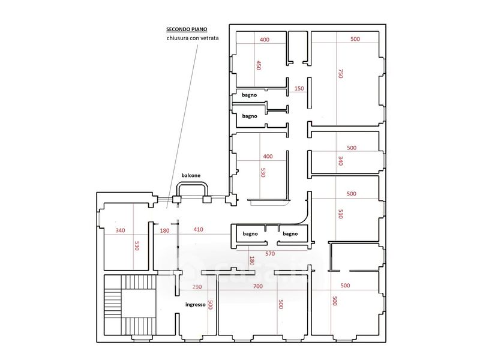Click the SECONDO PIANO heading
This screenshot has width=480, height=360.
[x=187, y=29]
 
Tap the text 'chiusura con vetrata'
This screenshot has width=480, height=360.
[x=193, y=38]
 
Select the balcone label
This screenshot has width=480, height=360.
[x=191, y=175]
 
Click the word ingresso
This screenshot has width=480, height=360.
[x=196, y=305]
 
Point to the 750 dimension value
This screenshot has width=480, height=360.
[x=341, y=73]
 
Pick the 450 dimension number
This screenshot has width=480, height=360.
[x=259, y=65]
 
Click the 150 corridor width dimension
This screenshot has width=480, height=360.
[x=299, y=88]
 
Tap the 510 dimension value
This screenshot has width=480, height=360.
[x=340, y=214]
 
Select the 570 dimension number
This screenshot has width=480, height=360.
[x=270, y=253]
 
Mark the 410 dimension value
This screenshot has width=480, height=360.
[x=199, y=229]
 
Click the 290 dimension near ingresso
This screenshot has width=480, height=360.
[x=197, y=287]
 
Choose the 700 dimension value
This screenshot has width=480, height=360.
[x=258, y=286]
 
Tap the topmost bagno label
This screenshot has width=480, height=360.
[x=249, y=95]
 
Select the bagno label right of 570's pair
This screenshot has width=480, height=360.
[x=290, y=233]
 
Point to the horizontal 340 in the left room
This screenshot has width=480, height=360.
[x=121, y=230]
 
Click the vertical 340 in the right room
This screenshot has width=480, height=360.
[x=340, y=161]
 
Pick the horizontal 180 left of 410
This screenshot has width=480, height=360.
[x=164, y=230]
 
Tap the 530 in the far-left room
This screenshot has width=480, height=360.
[x=137, y=245]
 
